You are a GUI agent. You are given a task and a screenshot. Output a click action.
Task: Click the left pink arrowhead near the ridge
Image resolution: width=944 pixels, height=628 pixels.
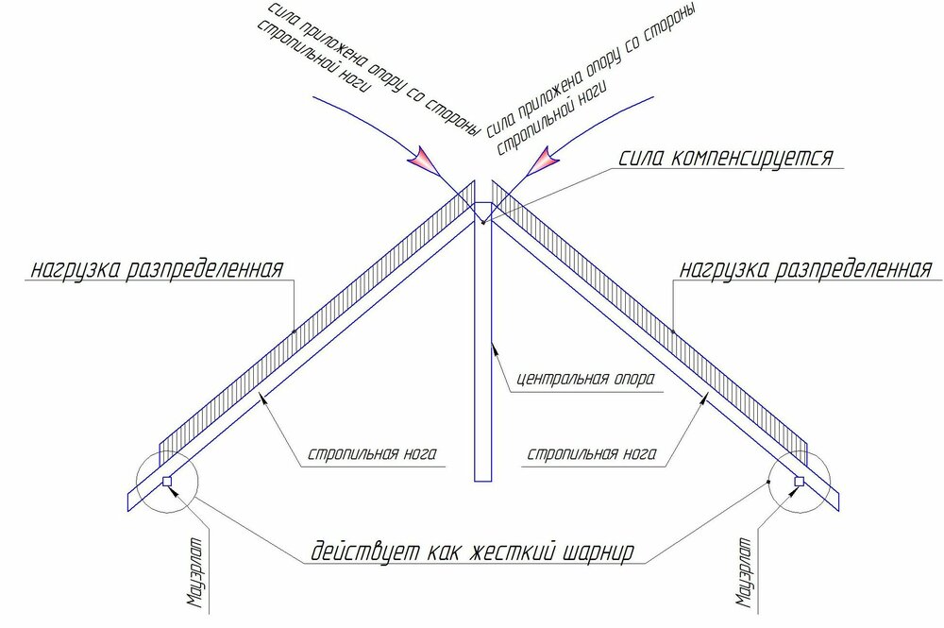(425, 161)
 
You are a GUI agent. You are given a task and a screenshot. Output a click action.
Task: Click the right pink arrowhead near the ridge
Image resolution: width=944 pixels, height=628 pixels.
(544, 161)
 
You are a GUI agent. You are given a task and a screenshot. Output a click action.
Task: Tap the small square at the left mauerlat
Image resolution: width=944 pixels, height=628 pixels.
(167, 481)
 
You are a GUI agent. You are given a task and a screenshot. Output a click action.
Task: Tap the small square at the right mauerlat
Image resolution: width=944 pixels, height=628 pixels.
(799, 481)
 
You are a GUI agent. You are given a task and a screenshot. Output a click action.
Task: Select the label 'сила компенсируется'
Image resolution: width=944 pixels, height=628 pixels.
(725, 157)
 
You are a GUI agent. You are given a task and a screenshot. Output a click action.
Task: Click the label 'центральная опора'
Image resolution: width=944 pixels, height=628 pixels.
(586, 380)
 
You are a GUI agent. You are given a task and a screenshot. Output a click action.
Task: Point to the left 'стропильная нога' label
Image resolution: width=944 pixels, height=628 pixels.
(372, 453)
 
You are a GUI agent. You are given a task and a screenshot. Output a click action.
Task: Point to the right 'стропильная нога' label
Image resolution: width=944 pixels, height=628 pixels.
(592, 453)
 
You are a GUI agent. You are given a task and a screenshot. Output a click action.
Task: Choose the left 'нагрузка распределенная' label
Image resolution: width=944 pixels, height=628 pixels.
(157, 268)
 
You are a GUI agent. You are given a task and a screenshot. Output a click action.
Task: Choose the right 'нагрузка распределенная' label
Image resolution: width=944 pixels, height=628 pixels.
(806, 268)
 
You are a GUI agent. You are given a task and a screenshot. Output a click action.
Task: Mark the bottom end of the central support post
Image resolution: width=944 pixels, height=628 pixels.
(482, 481)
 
